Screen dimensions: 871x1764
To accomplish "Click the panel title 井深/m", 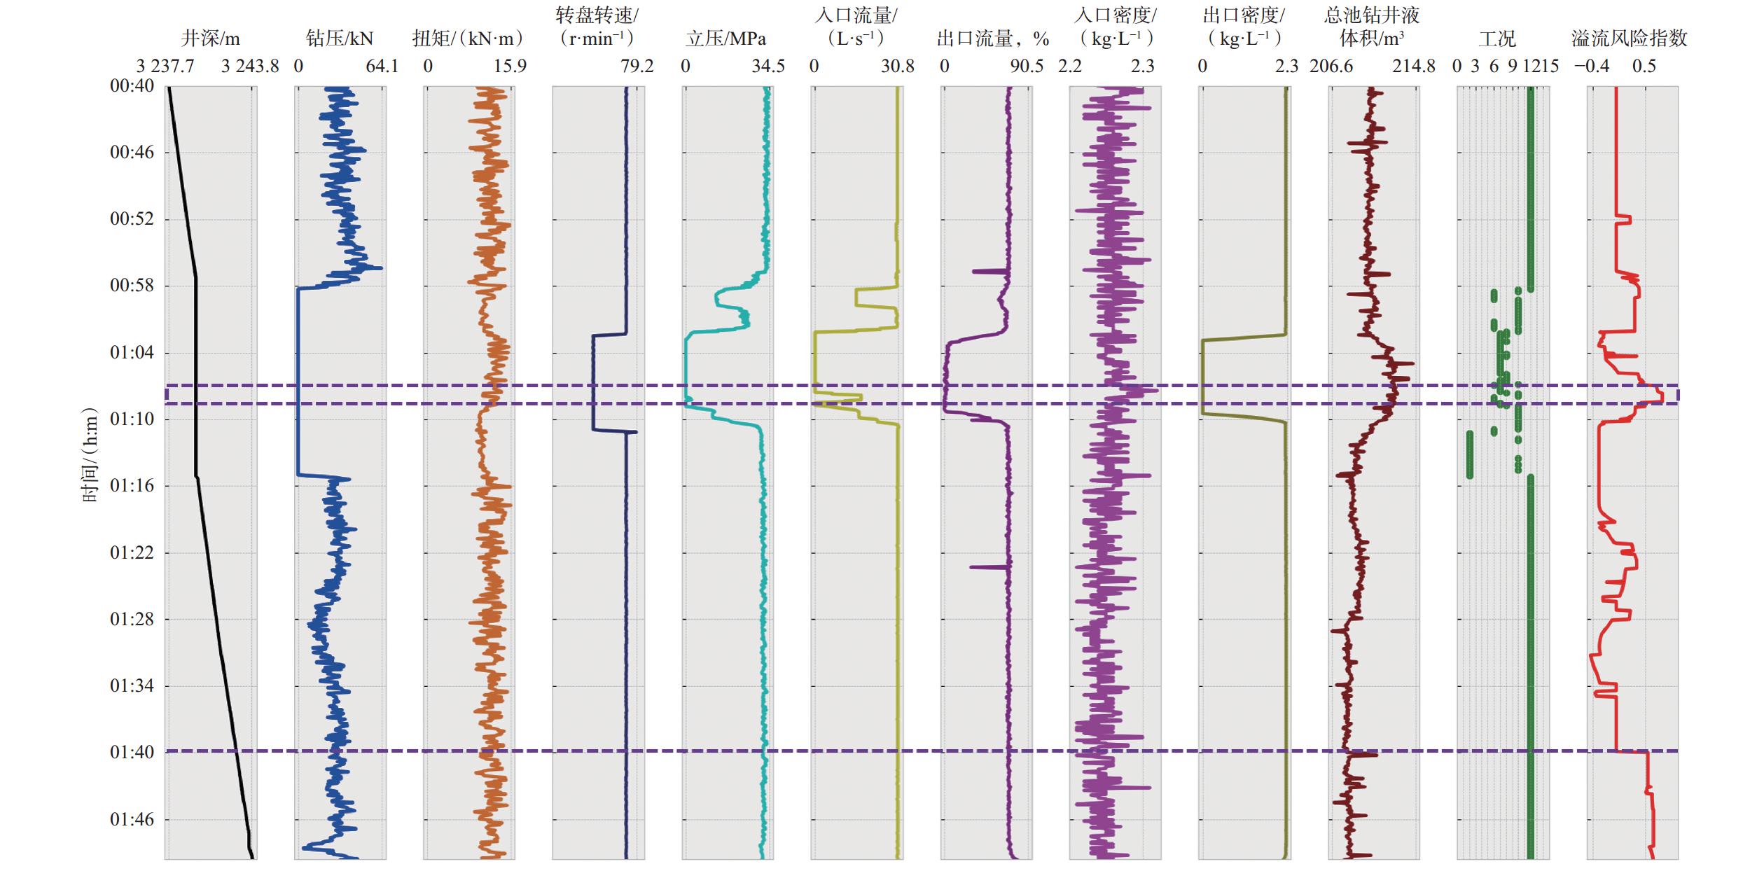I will pos(210,39).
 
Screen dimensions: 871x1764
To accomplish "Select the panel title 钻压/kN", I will pos(340,39).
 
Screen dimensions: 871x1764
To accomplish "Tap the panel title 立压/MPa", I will pos(725,39).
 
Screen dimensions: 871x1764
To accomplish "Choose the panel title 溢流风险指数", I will pos(1629,39).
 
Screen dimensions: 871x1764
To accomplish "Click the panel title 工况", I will pos(1497,39).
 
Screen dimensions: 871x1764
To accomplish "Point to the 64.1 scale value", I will pos(382,67).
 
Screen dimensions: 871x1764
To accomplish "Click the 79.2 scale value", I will pos(637,67).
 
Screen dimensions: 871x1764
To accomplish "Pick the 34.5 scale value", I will pos(768,67).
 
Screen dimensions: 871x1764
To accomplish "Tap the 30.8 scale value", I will pos(898,67).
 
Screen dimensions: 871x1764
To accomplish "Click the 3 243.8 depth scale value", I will pos(250,67).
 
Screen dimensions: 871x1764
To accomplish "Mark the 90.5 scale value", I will pos(1027,67).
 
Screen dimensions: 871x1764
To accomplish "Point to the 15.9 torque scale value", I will pos(510,67).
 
